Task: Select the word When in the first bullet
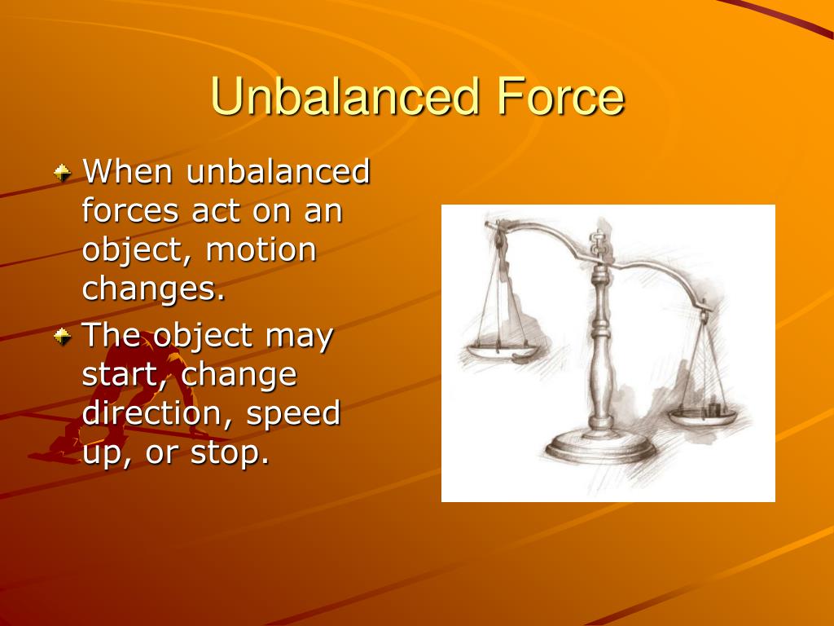129,172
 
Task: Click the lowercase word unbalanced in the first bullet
279,172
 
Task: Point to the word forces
130,211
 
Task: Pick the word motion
261,249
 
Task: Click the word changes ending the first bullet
153,289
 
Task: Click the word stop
229,453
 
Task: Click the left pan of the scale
500,351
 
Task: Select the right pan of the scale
702,417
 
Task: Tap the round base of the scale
601,448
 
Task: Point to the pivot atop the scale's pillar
599,245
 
